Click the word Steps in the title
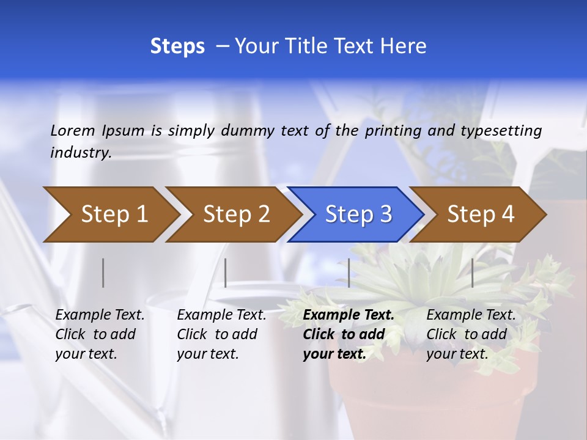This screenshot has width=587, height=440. tap(177, 46)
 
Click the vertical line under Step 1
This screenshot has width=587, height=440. tap(103, 273)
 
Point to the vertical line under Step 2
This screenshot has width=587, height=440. tap(226, 273)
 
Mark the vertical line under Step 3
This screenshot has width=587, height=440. tap(349, 273)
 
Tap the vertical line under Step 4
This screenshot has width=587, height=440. tap(472, 273)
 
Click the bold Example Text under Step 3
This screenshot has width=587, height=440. tap(349, 315)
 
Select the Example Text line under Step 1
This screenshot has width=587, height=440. tap(100, 315)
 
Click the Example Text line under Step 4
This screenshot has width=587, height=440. tap(471, 315)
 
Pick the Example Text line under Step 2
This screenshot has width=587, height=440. tap(221, 315)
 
